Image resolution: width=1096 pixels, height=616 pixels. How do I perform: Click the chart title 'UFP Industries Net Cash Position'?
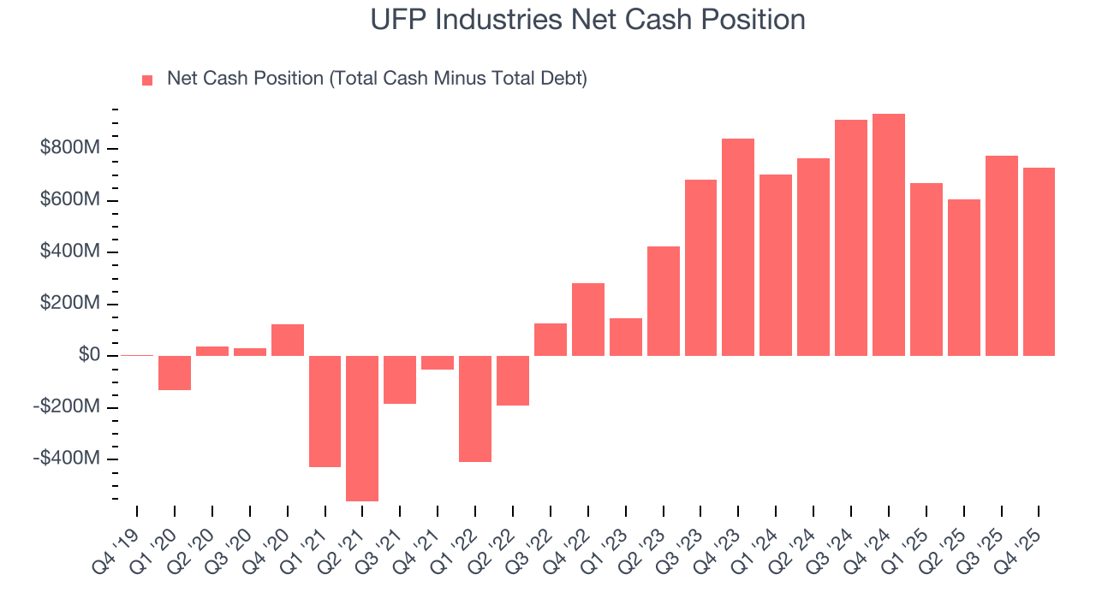[587, 19]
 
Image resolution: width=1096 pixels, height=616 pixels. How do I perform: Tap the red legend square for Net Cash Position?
[147, 80]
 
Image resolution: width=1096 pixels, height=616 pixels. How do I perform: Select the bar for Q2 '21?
[362, 428]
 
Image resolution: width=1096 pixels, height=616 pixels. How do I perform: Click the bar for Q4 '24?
[889, 234]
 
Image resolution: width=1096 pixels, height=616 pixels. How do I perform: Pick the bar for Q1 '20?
[175, 372]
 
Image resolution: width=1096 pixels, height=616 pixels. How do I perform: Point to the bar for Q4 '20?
[288, 340]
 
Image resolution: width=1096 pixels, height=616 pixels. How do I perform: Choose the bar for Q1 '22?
[475, 408]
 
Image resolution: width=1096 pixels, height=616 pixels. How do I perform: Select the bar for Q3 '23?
[700, 267]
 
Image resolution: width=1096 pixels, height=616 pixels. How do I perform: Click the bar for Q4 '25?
[1039, 261]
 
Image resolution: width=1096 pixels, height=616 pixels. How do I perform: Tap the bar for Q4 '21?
[438, 363]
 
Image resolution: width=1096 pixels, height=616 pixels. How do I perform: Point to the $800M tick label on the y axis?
[70, 149]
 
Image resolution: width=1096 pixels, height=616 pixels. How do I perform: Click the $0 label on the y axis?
[89, 355]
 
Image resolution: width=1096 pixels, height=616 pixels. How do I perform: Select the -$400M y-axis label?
[67, 459]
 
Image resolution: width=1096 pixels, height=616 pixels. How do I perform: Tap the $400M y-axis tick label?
[70, 252]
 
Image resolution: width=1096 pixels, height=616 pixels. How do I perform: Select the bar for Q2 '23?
[664, 300]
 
